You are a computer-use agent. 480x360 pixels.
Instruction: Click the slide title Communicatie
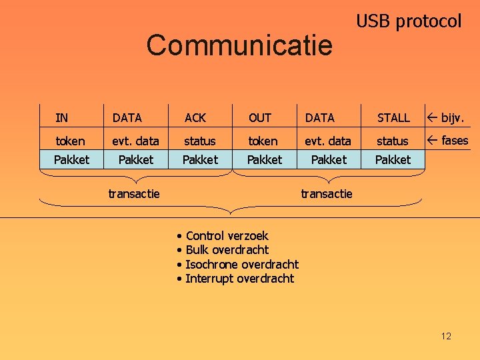(x=239, y=45)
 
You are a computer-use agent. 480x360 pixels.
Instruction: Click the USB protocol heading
(x=408, y=21)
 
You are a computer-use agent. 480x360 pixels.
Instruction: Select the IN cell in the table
(x=62, y=118)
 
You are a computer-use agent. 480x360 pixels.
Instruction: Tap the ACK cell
(x=195, y=118)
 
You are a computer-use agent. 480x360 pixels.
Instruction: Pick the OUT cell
(x=259, y=118)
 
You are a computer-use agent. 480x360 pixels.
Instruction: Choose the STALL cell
(x=393, y=118)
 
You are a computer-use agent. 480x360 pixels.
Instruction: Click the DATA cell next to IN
(x=127, y=118)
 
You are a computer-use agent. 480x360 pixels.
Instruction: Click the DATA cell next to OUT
(x=320, y=118)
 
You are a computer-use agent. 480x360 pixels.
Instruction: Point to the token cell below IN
(x=70, y=141)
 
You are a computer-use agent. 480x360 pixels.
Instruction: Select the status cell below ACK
(x=200, y=141)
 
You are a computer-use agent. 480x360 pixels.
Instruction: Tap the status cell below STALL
(x=393, y=141)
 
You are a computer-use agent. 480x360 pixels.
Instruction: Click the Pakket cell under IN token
(x=71, y=160)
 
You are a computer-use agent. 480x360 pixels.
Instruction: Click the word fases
(x=455, y=140)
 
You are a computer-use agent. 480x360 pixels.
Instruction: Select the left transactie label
(x=134, y=194)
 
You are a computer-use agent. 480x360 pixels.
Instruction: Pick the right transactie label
(x=327, y=194)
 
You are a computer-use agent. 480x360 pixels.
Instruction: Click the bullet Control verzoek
(x=227, y=235)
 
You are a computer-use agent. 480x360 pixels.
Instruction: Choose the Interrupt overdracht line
(x=239, y=279)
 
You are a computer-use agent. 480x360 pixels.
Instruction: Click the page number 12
(x=446, y=336)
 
